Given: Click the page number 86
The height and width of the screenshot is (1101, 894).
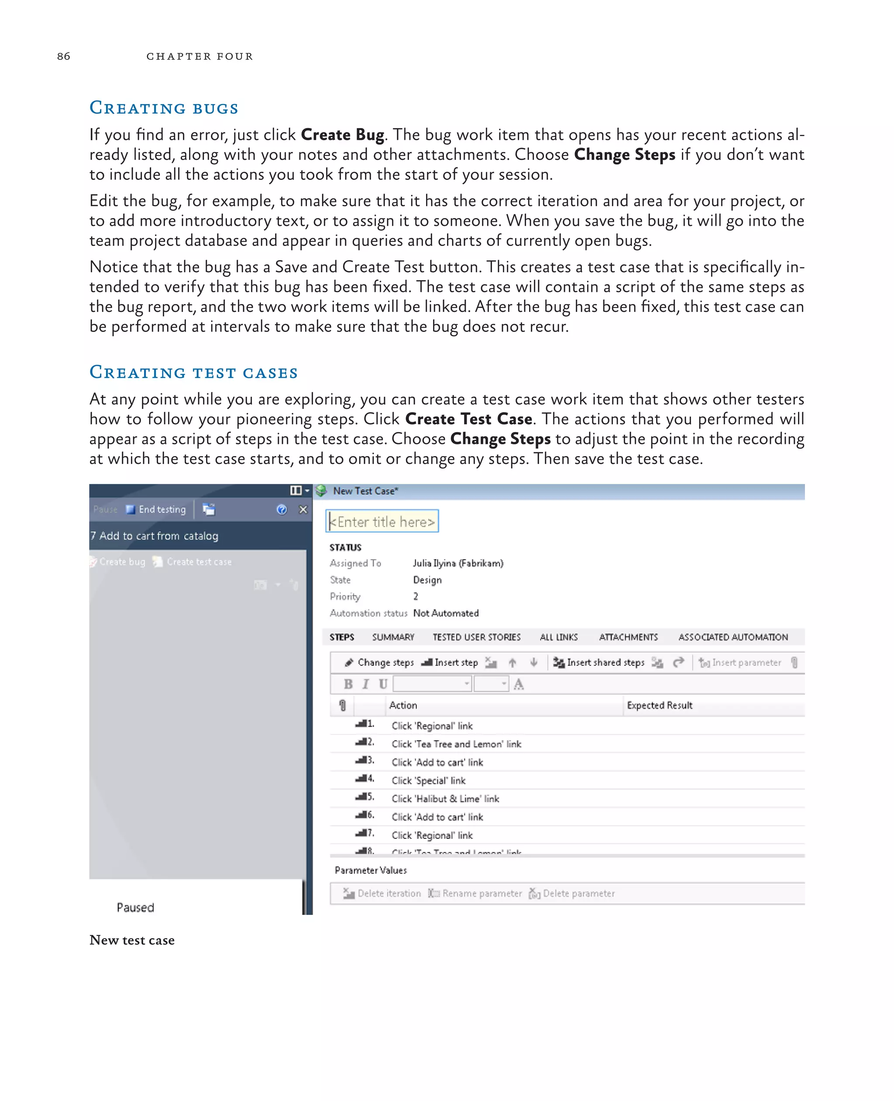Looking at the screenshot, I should pyautogui.click(x=63, y=56).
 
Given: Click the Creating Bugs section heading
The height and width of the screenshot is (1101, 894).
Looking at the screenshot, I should pyautogui.click(x=164, y=108).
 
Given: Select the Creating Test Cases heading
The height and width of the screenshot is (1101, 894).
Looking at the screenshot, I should pyautogui.click(x=194, y=373).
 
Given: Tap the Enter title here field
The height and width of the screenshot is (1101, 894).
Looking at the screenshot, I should pyautogui.click(x=382, y=522).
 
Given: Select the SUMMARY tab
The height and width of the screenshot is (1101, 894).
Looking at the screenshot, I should pyautogui.click(x=393, y=637).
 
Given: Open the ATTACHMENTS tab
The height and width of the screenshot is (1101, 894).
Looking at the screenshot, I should pyautogui.click(x=628, y=637).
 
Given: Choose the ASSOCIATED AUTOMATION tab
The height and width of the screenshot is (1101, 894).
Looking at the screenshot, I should pyautogui.click(x=733, y=637).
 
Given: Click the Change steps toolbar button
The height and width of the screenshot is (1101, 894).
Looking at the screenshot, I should pyautogui.click(x=379, y=663).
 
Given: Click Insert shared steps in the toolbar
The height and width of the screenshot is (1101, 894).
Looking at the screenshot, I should pyautogui.click(x=599, y=663).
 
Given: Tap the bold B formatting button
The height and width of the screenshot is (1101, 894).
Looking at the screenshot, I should pyautogui.click(x=348, y=684).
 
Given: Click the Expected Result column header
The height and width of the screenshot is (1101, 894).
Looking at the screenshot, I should pyautogui.click(x=659, y=705).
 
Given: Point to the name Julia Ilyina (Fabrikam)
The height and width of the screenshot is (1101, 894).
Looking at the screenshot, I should pyautogui.click(x=458, y=563).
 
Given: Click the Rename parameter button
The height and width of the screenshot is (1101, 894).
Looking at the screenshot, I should pyautogui.click(x=475, y=893).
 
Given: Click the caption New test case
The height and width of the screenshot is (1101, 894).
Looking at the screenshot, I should pyautogui.click(x=132, y=940).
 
